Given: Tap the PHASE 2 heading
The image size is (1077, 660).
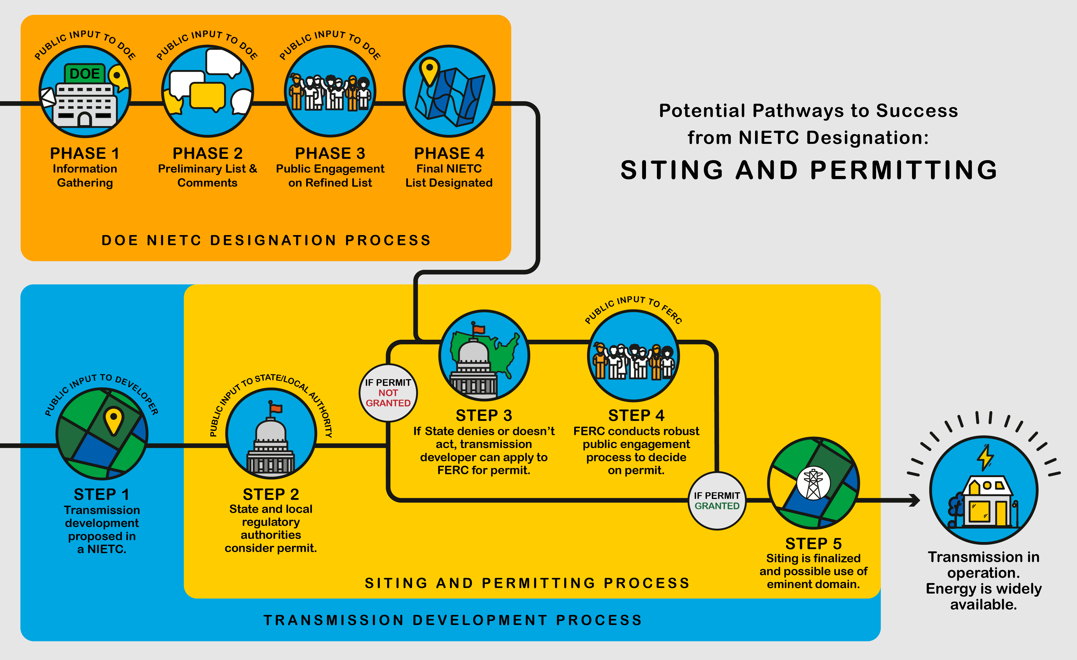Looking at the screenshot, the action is [x=208, y=153].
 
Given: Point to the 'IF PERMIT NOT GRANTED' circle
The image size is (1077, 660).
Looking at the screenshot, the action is [x=388, y=393].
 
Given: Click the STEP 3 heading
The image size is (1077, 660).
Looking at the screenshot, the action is [x=484, y=415].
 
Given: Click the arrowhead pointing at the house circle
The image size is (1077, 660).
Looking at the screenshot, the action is [x=914, y=501].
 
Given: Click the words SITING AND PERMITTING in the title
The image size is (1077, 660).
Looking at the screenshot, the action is [x=809, y=170].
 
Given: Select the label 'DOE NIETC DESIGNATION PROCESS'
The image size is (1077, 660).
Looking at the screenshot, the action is [x=266, y=240].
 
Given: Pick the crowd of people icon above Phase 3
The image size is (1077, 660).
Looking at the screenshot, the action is [x=330, y=92].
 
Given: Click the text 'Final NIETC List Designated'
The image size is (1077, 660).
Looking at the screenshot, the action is [x=449, y=176].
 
